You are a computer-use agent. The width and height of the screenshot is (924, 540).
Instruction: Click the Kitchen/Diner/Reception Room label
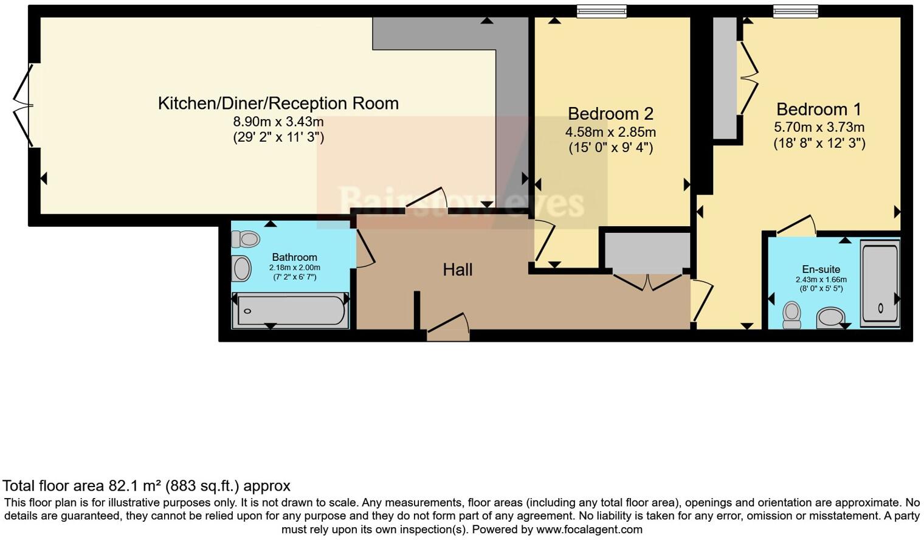click(x=278, y=103)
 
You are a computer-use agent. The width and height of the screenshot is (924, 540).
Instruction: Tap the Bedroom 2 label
click(x=610, y=114)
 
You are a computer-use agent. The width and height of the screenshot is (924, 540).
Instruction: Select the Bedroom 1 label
click(x=819, y=109)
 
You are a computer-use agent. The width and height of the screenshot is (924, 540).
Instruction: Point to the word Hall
click(x=457, y=270)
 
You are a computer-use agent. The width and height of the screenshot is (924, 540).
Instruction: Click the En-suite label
click(x=821, y=269)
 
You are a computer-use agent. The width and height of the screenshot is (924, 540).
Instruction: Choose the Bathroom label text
click(x=294, y=257)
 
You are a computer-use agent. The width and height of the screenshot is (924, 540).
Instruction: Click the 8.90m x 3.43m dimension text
click(x=278, y=122)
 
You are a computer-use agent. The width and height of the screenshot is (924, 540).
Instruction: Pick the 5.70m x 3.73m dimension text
click(x=819, y=128)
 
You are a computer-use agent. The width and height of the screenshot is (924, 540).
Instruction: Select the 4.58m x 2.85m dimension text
click(x=610, y=132)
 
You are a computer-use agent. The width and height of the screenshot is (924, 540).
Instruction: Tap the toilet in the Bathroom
click(x=246, y=239)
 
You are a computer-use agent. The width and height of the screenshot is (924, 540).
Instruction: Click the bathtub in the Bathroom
click(x=291, y=311)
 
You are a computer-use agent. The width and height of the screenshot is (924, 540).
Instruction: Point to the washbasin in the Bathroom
click(x=241, y=268)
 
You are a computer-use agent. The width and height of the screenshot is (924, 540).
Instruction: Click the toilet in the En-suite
click(x=791, y=314)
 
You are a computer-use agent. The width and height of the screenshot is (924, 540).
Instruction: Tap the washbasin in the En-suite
click(x=830, y=317)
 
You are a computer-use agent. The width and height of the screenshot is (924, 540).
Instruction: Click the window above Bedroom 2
click(x=601, y=11)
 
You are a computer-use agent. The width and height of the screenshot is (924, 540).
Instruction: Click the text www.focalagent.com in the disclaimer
click(x=589, y=530)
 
